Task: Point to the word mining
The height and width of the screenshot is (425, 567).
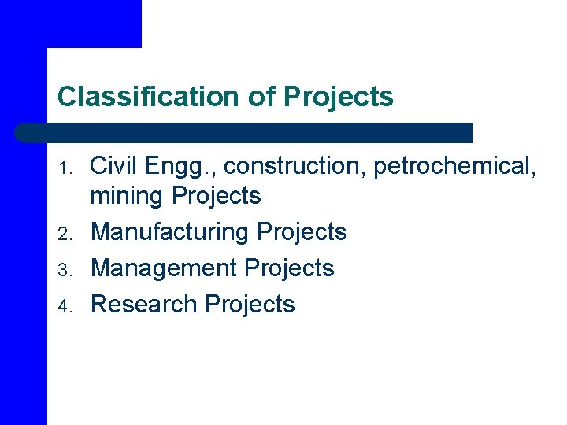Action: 128,196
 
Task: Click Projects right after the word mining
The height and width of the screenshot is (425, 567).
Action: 216,196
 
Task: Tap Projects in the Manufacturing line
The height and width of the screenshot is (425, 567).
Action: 302,232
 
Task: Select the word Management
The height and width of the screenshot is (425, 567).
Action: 164,268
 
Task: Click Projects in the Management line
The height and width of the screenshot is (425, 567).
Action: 290,268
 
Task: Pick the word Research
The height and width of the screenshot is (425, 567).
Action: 144,304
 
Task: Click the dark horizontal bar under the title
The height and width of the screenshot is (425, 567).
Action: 244,132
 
